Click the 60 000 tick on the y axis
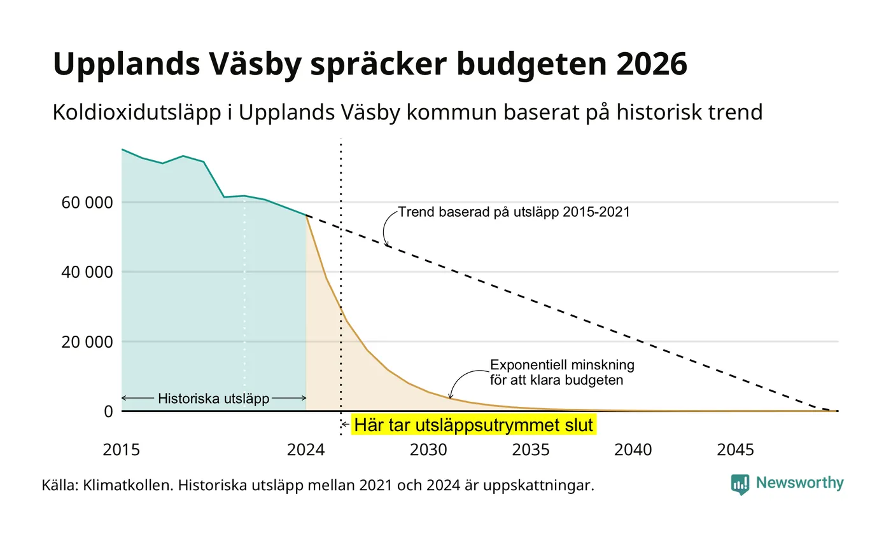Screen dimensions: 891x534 click(x=87, y=203)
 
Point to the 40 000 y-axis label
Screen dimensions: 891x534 click(x=87, y=272)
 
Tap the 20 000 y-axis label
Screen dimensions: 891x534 click(x=87, y=342)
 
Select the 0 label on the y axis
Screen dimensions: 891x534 click(x=109, y=412)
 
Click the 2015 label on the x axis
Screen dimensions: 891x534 click(x=122, y=450)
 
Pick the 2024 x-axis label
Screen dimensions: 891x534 click(x=306, y=450)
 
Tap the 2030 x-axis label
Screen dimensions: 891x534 click(x=429, y=450)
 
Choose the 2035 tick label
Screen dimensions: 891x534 click(x=531, y=450)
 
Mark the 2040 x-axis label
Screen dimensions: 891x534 click(x=633, y=450)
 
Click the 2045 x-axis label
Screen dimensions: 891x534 click(x=736, y=450)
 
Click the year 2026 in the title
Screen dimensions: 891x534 click(x=652, y=64)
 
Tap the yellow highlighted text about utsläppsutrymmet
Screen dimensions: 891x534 click(x=474, y=425)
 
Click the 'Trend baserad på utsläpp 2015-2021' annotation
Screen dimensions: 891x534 click(x=514, y=212)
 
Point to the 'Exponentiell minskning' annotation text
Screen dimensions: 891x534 click(x=562, y=365)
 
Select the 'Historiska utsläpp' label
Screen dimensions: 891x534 click(x=214, y=399)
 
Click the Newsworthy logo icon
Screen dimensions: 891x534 click(x=740, y=484)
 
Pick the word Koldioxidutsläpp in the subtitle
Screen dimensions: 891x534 click(x=137, y=113)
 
